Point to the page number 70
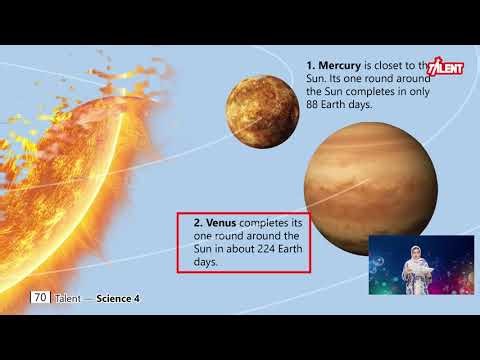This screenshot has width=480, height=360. pos(40,297)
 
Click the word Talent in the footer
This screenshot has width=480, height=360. pos(68,298)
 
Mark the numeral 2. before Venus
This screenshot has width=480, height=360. pos(198,221)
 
